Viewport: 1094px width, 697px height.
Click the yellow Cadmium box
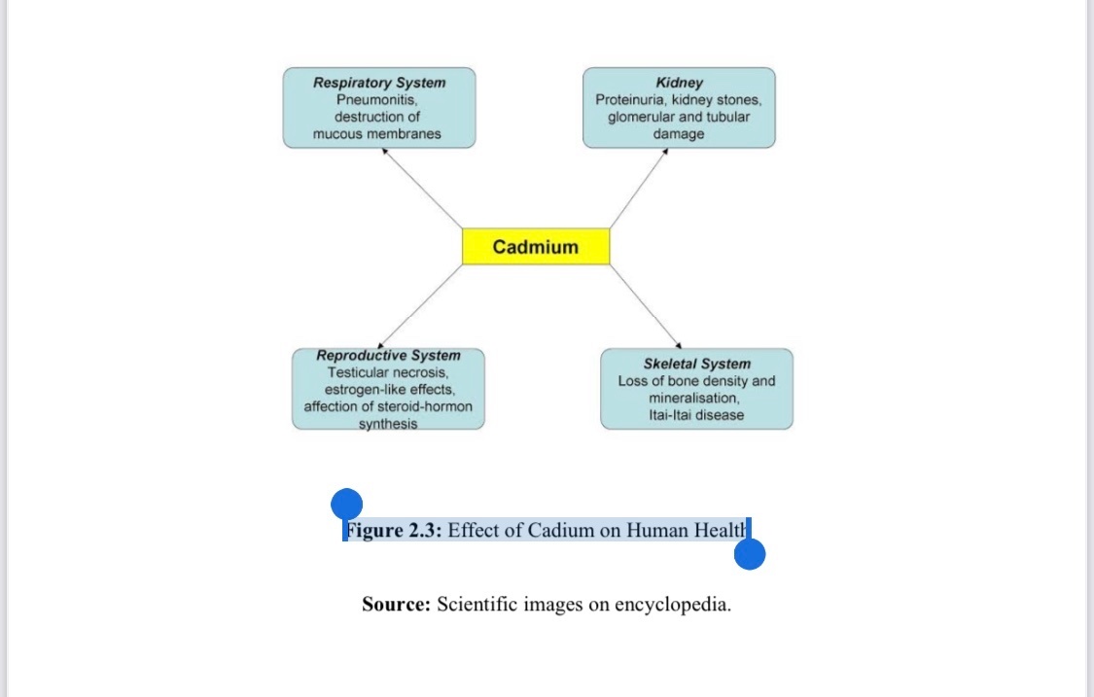535,247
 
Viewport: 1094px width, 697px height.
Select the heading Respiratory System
379,83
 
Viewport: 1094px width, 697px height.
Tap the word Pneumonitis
377,99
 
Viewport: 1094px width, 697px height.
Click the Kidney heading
679,83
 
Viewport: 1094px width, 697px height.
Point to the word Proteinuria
629,99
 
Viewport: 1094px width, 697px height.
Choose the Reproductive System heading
388,356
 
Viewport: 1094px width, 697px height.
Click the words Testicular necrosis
388,372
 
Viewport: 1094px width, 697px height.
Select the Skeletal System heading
696,365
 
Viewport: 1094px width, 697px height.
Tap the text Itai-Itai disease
696,415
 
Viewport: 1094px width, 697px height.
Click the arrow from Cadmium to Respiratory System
423,189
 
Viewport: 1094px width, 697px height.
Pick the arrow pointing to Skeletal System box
645,305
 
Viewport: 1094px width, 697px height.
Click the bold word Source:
396,605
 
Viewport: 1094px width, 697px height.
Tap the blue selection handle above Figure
346,505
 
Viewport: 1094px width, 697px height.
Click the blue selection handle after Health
750,554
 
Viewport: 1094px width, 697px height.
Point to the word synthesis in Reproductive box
388,424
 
